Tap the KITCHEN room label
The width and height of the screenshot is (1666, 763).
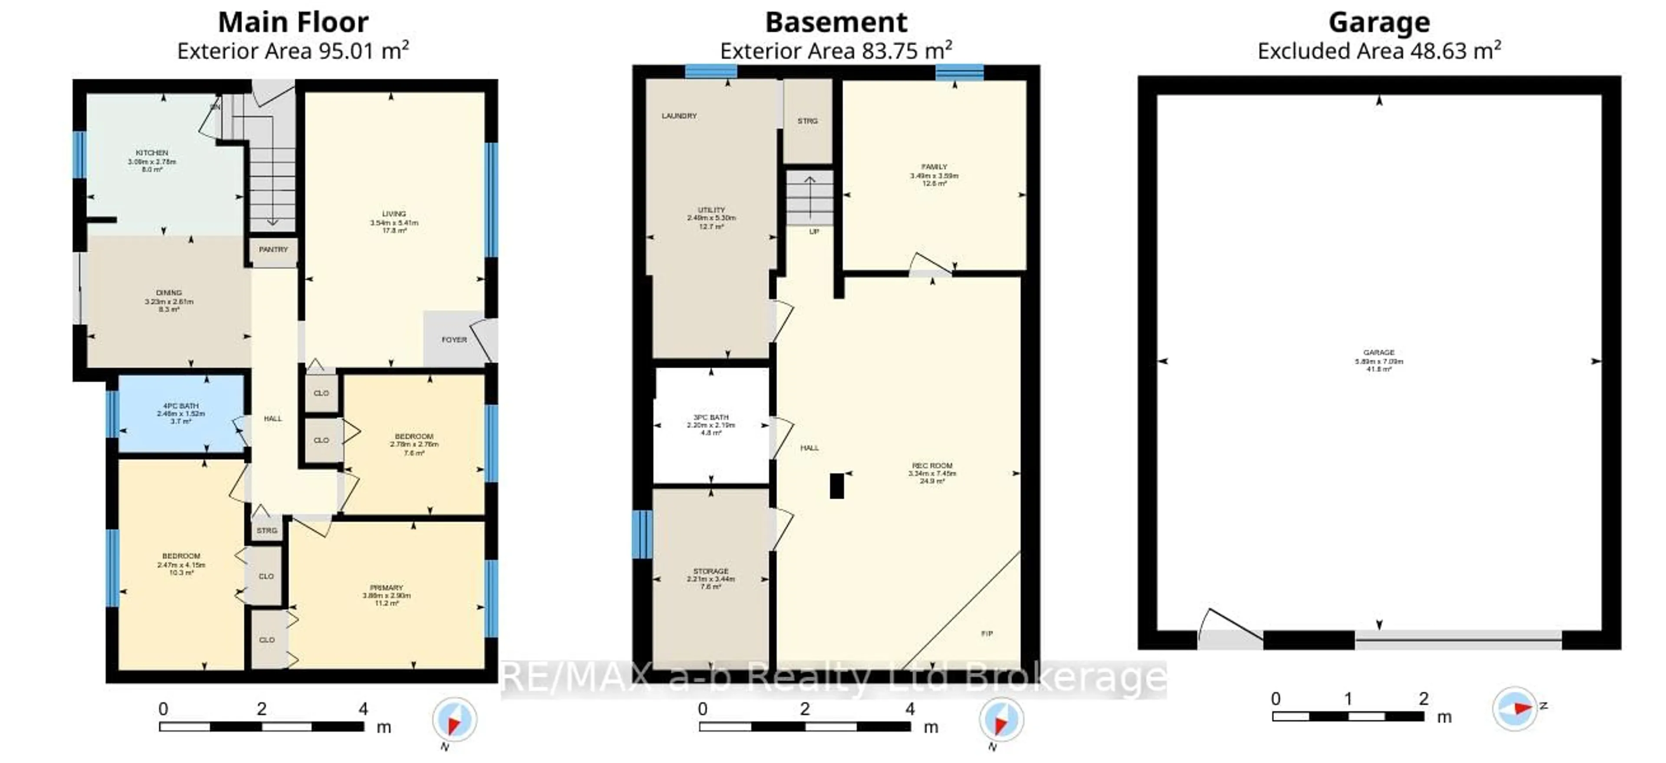[x=152, y=153]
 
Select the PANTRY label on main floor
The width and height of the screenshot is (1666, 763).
[x=273, y=250]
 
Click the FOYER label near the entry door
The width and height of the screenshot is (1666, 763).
[x=454, y=340]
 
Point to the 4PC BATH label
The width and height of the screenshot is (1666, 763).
[x=180, y=406]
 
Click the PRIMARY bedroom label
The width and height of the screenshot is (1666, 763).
[x=386, y=588]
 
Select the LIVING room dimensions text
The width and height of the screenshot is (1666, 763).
[x=394, y=223]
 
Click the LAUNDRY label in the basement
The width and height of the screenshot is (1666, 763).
[x=679, y=116]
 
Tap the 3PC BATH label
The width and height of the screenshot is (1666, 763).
[x=711, y=417]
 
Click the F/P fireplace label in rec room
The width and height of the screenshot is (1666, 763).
[x=987, y=634]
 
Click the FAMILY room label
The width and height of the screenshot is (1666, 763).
[x=934, y=167]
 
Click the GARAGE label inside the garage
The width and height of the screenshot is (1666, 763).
[x=1379, y=353]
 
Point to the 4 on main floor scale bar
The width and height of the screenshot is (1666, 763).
[x=364, y=709]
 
